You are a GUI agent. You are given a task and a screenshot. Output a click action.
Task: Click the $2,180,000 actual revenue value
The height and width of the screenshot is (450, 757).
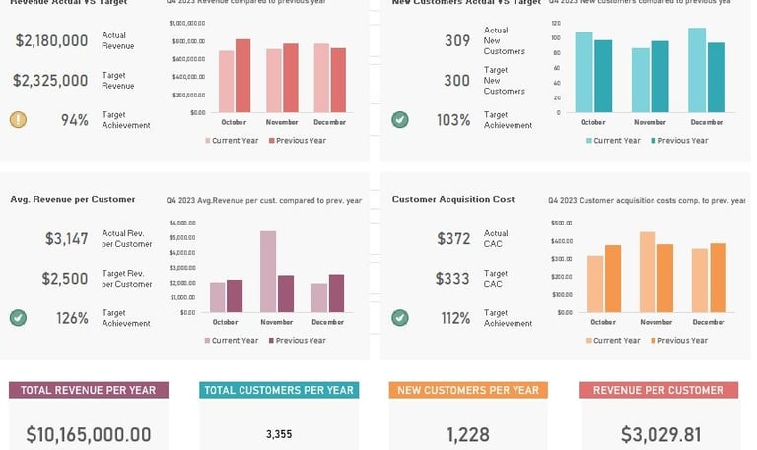point(52,40)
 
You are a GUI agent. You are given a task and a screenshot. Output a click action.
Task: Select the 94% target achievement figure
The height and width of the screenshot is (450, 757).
point(75,120)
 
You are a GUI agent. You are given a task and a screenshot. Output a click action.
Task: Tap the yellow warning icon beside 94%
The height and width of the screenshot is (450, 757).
point(18,120)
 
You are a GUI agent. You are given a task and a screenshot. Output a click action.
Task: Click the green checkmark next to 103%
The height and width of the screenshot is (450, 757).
point(400,120)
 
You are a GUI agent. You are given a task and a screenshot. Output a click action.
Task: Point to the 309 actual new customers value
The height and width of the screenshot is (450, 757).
point(456,40)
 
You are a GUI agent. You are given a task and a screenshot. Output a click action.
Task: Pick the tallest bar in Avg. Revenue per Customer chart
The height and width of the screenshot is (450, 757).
point(267,272)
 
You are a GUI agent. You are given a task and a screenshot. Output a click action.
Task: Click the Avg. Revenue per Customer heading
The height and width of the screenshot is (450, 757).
point(73,199)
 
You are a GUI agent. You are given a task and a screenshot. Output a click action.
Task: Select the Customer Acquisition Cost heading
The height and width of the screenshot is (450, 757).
point(453,199)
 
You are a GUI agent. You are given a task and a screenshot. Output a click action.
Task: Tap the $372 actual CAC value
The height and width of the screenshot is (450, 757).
point(453,238)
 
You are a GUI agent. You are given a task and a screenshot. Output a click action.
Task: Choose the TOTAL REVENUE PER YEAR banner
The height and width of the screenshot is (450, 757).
point(89,390)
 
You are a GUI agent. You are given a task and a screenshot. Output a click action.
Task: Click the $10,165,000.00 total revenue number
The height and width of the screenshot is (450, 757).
point(89,434)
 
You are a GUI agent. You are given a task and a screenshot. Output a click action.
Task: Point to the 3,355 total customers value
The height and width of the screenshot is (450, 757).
point(279,434)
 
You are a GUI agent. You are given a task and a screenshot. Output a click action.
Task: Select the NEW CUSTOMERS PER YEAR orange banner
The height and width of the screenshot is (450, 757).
point(468,390)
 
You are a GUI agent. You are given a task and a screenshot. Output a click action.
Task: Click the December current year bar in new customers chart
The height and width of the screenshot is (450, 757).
point(697,70)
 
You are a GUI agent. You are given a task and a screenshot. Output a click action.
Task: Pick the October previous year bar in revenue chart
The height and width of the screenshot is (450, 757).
point(242,76)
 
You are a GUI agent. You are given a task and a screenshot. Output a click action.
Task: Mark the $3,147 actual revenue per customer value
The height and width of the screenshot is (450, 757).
point(66,238)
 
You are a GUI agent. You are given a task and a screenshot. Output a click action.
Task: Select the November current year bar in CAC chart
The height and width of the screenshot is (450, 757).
point(648,272)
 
